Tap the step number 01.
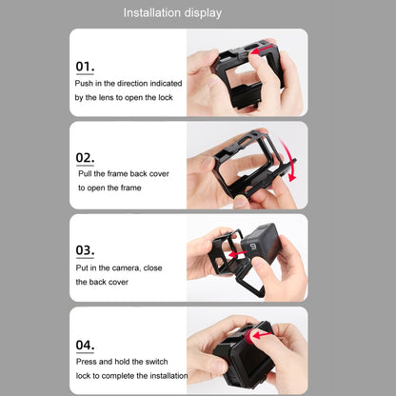(85, 67)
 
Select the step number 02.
(85, 159)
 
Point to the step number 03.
(85, 251)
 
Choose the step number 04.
(85, 344)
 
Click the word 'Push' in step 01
(86, 84)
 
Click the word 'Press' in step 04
(89, 362)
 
